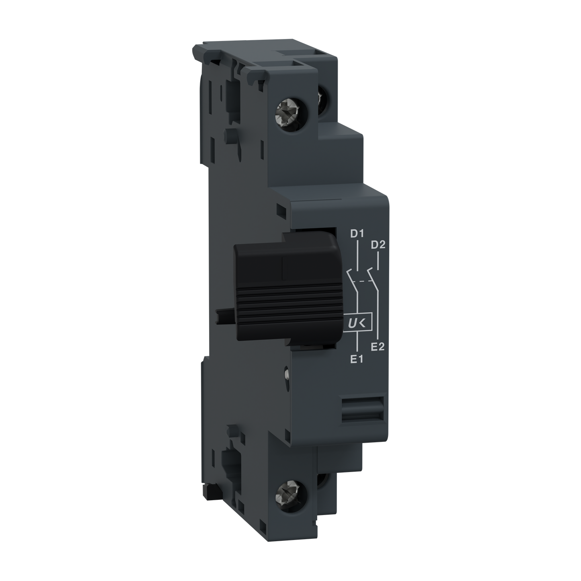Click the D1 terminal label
click(x=357, y=234)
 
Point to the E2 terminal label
click(x=378, y=347)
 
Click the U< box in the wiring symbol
click(x=357, y=321)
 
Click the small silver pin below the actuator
click(x=286, y=374)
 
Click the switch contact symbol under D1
click(x=353, y=278)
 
